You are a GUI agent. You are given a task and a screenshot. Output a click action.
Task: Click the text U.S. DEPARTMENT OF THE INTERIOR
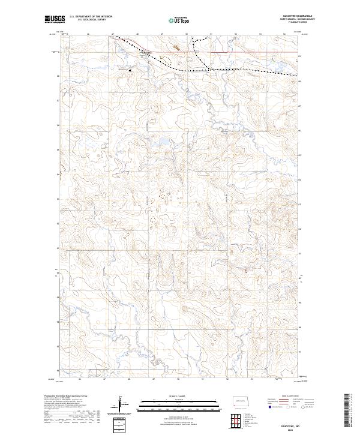(x=91, y=17)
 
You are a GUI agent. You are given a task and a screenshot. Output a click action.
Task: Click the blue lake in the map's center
(x=160, y=143)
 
